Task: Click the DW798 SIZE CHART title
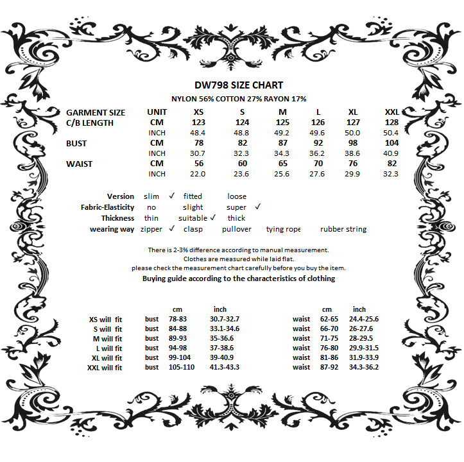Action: click(x=238, y=85)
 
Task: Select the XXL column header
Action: click(x=391, y=112)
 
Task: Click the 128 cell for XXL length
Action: click(x=391, y=123)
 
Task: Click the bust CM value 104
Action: click(x=391, y=143)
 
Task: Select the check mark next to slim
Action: click(x=172, y=196)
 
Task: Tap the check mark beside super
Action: click(x=257, y=207)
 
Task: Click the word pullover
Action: click(x=237, y=229)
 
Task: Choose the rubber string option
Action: click(x=343, y=229)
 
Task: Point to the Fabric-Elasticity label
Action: click(x=108, y=207)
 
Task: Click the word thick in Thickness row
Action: click(x=236, y=218)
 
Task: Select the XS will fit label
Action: click(x=105, y=320)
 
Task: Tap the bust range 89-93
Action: click(x=178, y=339)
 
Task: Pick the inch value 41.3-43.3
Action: click(x=224, y=368)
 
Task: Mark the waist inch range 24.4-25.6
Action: click(x=364, y=320)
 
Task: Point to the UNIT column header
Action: click(x=157, y=112)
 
